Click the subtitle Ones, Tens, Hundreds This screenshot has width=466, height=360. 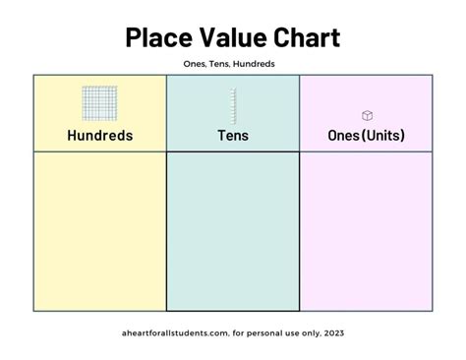pos(233,64)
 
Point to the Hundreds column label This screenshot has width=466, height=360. pos(99,136)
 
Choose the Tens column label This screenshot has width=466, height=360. pos(233,136)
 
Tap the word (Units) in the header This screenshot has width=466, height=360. pos(382,136)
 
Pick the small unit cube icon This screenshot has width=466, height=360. pos(367,115)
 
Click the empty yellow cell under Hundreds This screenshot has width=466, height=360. pos(99,231)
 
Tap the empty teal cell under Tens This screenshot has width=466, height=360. pos(233,231)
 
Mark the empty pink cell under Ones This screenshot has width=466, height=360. pos(366,231)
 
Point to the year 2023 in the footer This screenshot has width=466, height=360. pos(333,332)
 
